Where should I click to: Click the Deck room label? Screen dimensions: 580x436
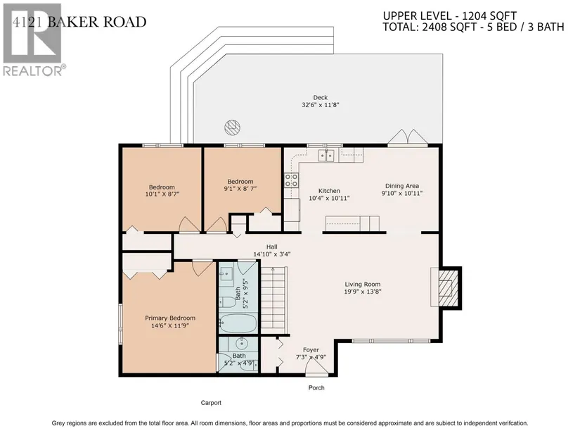pyautogui.click(x=321, y=97)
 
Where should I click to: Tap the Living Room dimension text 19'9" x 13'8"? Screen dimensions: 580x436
pyautogui.click(x=363, y=292)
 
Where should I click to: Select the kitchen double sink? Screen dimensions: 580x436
pyautogui.click(x=326, y=156)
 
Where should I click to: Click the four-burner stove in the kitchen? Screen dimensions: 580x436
pyautogui.click(x=291, y=180)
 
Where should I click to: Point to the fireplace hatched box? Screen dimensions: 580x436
pyautogui.click(x=449, y=287)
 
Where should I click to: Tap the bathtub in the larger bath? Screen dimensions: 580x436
pyautogui.click(x=238, y=323)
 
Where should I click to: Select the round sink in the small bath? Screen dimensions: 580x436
pyautogui.click(x=242, y=344)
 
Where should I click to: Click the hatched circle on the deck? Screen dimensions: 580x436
pyautogui.click(x=232, y=127)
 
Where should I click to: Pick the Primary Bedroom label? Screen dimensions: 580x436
pyautogui.click(x=170, y=318)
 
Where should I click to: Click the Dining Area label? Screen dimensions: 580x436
pyautogui.click(x=402, y=186)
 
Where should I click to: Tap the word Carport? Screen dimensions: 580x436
pyautogui.click(x=211, y=403)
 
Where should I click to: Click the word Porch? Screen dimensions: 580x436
pyautogui.click(x=316, y=388)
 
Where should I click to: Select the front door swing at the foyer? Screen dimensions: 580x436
pyautogui.click(x=316, y=368)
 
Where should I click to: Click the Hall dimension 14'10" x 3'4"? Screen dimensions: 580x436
pyautogui.click(x=272, y=254)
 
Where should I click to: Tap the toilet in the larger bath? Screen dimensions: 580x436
pyautogui.click(x=228, y=302)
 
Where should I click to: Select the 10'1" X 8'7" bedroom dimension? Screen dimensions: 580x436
pyautogui.click(x=162, y=194)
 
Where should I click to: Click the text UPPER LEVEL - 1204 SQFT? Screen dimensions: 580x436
pyautogui.click(x=449, y=16)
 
